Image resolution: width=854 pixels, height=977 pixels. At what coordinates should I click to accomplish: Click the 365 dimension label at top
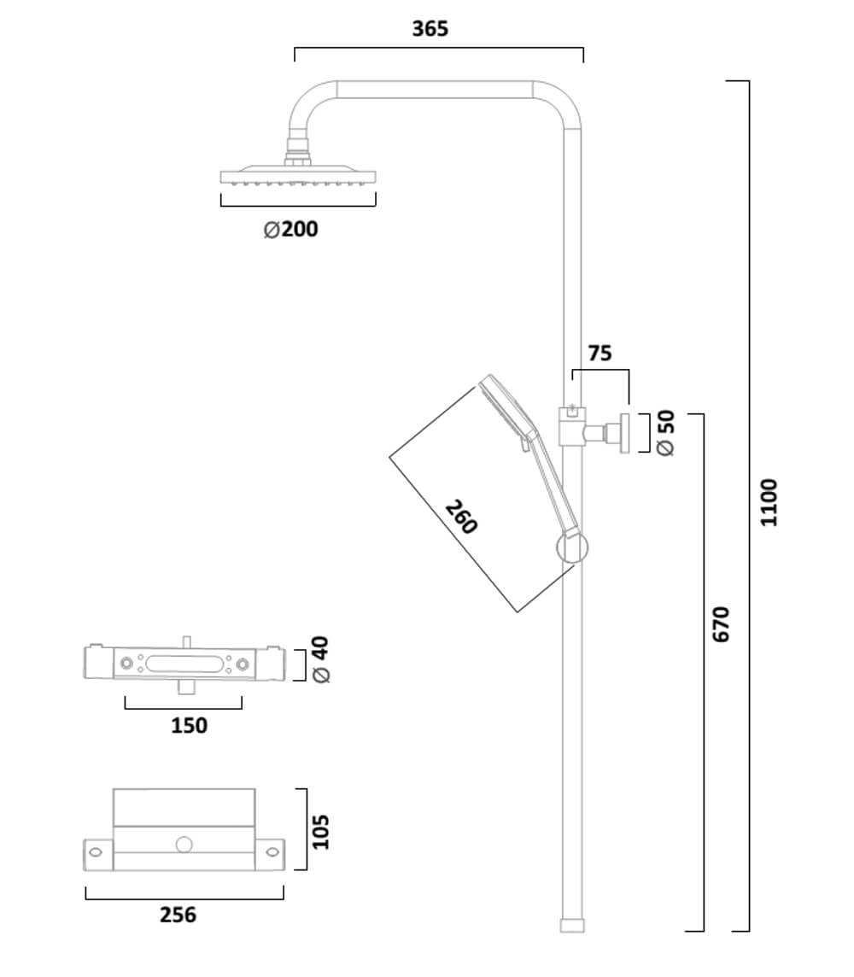click(430, 28)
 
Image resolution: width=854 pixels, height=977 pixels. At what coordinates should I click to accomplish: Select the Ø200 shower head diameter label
click(291, 229)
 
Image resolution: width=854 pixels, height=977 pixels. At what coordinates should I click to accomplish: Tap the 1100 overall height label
click(769, 502)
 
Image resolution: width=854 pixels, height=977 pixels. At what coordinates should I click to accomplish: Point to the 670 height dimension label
click(722, 624)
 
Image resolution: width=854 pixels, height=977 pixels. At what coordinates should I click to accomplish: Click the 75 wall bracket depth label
click(600, 353)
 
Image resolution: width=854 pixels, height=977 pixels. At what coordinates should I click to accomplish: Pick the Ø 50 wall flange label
click(665, 433)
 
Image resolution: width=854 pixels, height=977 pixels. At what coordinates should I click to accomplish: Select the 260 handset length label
click(461, 517)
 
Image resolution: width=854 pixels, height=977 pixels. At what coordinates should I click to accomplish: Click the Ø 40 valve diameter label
click(322, 659)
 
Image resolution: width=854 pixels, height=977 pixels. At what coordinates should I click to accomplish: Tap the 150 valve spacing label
click(189, 725)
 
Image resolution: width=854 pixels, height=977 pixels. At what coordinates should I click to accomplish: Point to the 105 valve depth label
click(320, 831)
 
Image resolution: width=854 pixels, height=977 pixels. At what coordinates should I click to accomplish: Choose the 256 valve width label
click(178, 915)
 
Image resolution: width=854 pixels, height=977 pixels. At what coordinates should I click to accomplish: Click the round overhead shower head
click(297, 178)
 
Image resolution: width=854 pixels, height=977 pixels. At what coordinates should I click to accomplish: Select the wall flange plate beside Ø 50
click(625, 434)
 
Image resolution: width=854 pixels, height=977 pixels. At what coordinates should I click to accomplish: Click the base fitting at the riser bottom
click(572, 925)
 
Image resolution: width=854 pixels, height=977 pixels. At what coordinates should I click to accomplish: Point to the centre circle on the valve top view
click(184, 845)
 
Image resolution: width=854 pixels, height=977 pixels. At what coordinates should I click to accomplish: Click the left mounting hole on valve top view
click(96, 851)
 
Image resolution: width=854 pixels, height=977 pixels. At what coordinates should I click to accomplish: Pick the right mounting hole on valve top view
click(272, 851)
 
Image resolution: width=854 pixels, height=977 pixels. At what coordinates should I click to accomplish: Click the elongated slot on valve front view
click(183, 663)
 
